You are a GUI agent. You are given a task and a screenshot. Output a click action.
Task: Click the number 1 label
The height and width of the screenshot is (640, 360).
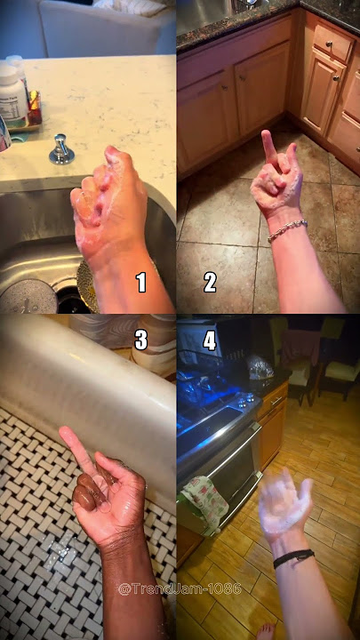tap(141, 283)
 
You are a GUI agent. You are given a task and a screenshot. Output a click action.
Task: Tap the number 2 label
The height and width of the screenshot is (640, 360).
tap(210, 283)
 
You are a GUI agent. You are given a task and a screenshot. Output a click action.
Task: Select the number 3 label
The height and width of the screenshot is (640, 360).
tap(140, 340)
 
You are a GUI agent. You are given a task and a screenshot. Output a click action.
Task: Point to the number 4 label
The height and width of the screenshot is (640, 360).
tap(210, 340)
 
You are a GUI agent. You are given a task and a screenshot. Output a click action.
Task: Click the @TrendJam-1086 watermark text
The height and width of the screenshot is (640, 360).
tap(180, 588)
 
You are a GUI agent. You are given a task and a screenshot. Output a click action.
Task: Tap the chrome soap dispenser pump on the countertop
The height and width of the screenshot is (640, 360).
tap(61, 149)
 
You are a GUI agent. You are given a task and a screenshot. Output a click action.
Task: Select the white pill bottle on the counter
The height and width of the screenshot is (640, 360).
tap(12, 96)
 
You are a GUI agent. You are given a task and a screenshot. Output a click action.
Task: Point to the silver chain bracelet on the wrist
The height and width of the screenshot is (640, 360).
tap(287, 230)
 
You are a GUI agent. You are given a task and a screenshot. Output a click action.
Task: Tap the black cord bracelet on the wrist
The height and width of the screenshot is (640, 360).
tap(294, 557)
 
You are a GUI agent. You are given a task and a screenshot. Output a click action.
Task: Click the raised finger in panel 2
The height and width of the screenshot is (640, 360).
tap(268, 149)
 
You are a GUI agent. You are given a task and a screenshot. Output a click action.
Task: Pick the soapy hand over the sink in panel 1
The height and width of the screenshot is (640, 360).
tap(108, 208)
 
